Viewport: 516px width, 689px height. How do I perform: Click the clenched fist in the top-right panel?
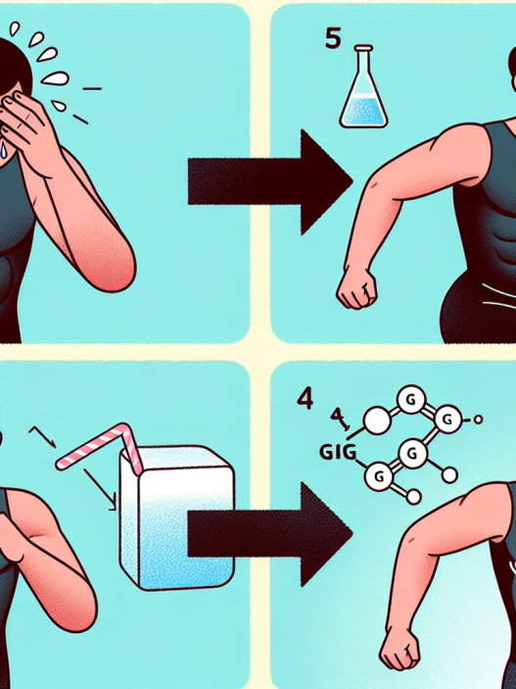tap(355, 289)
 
